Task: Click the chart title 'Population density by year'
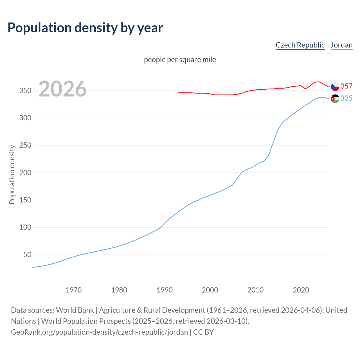(x=85, y=28)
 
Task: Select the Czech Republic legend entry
(x=300, y=45)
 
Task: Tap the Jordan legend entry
(x=341, y=45)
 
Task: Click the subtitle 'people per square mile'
(x=180, y=60)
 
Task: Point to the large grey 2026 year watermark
(x=62, y=89)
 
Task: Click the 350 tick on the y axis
(x=25, y=91)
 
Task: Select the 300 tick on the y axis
(x=25, y=118)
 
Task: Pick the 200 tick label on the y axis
(x=25, y=173)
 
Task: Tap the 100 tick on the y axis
(x=25, y=227)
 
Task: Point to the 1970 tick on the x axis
(x=74, y=290)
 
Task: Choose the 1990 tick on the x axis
(x=165, y=290)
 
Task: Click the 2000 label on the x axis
(x=210, y=290)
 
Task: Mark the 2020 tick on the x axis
(x=301, y=290)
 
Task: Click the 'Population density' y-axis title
(x=12, y=174)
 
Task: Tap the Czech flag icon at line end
(x=335, y=86)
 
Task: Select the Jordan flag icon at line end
(x=335, y=98)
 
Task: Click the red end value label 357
(x=346, y=86)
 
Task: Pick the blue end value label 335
(x=346, y=98)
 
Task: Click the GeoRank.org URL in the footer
(x=99, y=332)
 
